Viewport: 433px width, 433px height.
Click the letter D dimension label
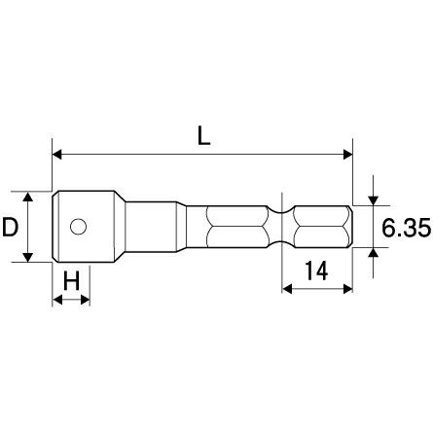(10, 227)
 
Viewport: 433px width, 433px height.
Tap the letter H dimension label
(71, 280)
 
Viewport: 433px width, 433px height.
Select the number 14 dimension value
(316, 271)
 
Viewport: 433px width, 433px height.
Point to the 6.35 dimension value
(406, 228)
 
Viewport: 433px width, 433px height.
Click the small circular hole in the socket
(78, 227)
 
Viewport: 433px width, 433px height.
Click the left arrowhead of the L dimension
(56, 155)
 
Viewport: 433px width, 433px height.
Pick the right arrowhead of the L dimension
(348, 155)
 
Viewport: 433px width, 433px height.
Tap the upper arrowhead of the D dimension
(28, 197)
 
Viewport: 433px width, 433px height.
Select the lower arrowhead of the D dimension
(28, 257)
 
